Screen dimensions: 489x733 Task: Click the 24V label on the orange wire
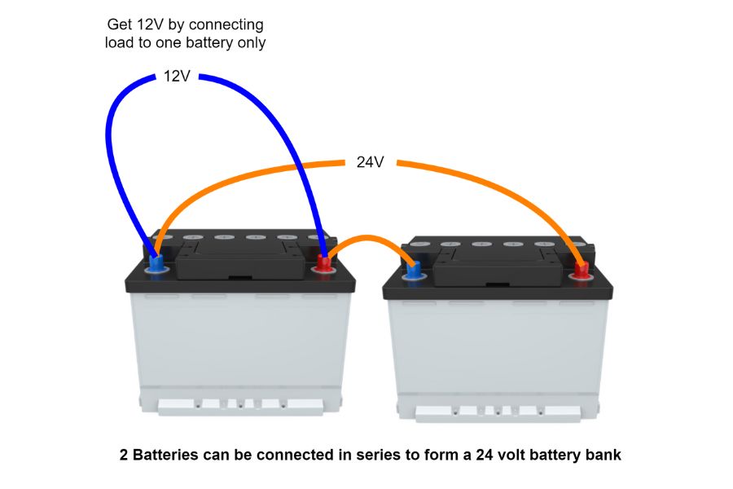coord(370,162)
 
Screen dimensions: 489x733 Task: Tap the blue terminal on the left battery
coord(156,263)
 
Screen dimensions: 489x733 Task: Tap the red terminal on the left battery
coord(324,264)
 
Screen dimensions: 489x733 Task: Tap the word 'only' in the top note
coord(250,42)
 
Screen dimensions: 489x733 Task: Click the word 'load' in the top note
coord(119,42)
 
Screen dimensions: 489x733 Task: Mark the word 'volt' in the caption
coord(489,455)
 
